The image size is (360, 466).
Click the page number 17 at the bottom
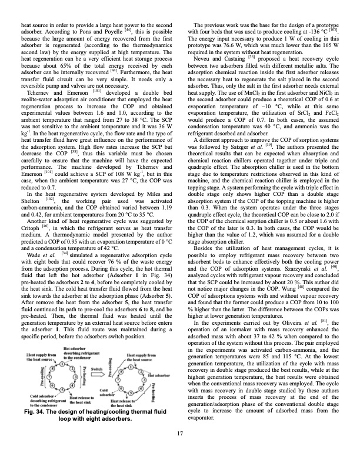180,450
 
